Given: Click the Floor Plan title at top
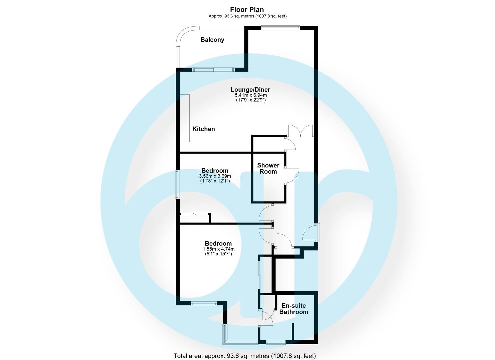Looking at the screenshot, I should click(x=247, y=10).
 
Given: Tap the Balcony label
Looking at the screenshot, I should click(x=212, y=40).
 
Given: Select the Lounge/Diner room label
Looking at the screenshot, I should click(x=250, y=90).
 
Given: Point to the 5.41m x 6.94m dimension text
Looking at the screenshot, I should click(x=250, y=95).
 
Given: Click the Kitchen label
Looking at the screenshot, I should click(x=204, y=129).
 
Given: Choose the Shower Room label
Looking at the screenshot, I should click(x=268, y=168).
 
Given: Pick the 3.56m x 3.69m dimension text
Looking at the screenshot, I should click(x=215, y=176).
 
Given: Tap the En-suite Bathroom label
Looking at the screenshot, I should click(x=294, y=309).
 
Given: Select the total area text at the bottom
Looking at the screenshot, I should click(x=245, y=356).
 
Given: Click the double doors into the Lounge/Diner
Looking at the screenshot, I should click(x=301, y=131).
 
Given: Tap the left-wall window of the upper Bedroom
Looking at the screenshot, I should click(x=178, y=185).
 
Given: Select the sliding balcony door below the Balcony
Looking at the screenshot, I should click(x=214, y=70).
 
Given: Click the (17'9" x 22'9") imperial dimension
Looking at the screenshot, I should click(x=250, y=100).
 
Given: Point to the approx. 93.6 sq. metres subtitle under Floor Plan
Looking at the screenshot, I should click(x=247, y=16).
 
